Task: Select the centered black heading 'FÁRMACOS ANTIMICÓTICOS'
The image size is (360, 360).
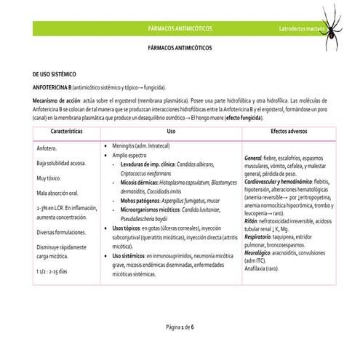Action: coord(180,46)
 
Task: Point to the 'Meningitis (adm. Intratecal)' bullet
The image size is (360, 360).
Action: coord(145,145)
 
